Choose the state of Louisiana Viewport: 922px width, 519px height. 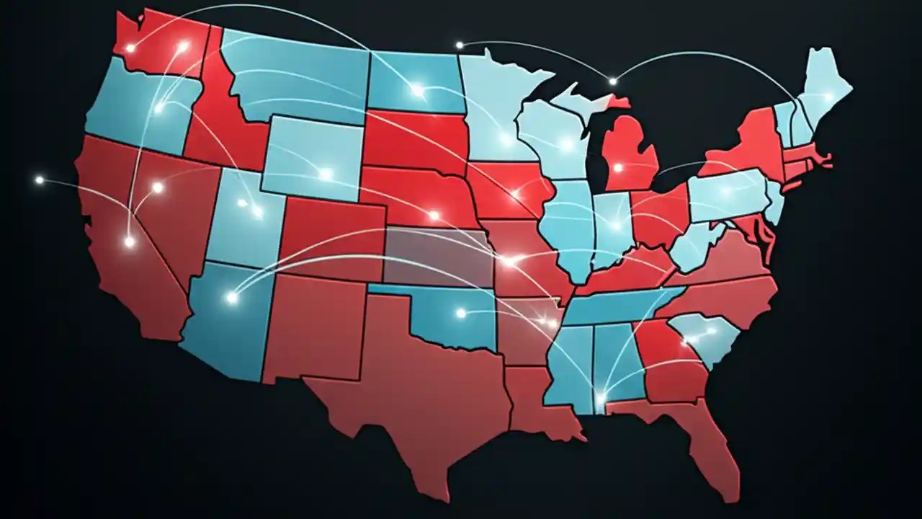click(537, 404)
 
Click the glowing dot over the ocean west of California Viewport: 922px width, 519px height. click(40, 179)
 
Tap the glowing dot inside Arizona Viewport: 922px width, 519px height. click(232, 297)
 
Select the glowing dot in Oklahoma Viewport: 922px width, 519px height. click(461, 313)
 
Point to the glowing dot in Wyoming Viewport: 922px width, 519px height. click(326, 174)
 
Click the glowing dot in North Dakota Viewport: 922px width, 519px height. click(417, 90)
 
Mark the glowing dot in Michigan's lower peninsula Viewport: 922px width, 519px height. click(617, 168)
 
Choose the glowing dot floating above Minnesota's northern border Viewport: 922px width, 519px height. click(459, 45)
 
